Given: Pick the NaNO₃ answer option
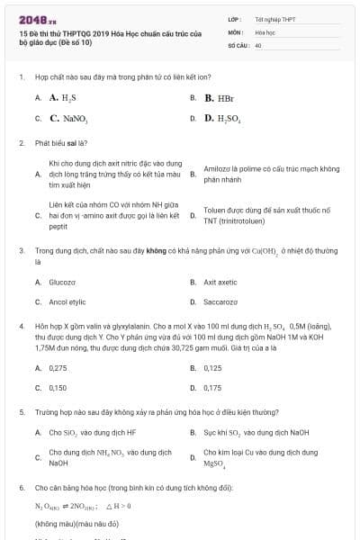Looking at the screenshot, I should pyautogui.click(x=67, y=118).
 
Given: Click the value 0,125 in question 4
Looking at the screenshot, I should pyautogui.click(x=213, y=367).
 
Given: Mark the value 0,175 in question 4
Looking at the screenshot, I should pyautogui.click(x=213, y=387).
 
